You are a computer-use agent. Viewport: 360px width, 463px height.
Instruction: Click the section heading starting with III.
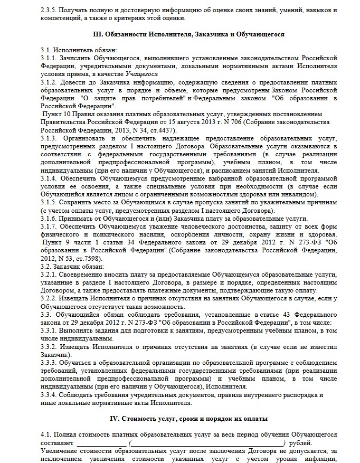pos(188,35)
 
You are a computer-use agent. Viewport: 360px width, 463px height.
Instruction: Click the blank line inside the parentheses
pos(206,443)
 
